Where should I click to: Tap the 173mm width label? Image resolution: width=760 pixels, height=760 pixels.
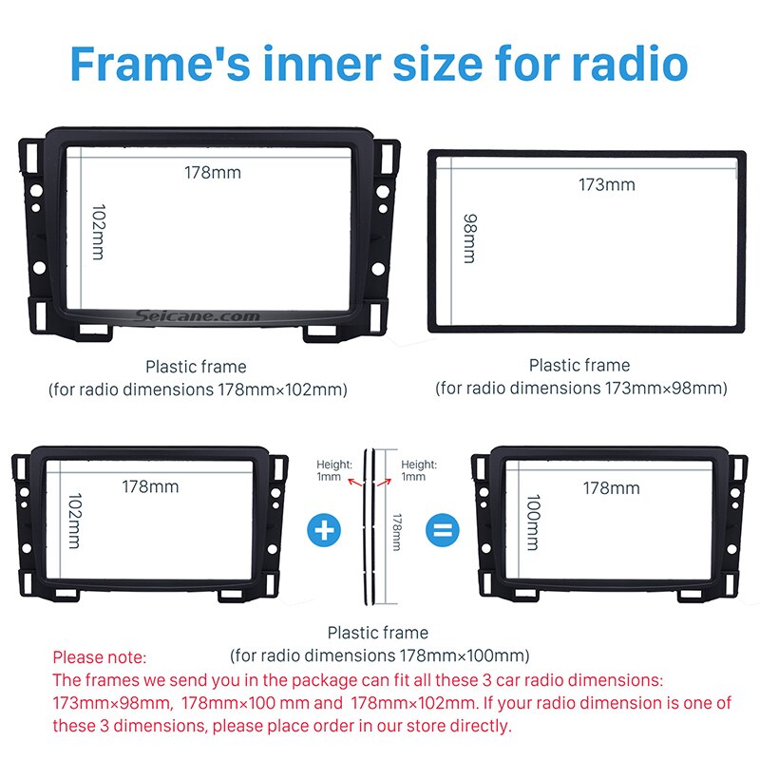(x=606, y=185)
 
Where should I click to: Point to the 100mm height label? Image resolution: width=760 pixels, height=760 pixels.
(x=532, y=523)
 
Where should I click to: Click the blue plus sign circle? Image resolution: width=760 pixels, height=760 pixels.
(x=325, y=529)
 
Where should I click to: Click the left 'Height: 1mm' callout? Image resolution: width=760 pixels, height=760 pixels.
(x=333, y=470)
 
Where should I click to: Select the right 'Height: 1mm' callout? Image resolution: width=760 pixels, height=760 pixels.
(x=418, y=470)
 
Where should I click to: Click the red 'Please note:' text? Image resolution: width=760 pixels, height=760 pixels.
(x=100, y=656)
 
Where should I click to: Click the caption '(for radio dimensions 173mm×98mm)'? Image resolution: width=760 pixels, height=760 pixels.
(x=581, y=389)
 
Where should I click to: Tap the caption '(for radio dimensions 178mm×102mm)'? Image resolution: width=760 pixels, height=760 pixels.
(x=198, y=389)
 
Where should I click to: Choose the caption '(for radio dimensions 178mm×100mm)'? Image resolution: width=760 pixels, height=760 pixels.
(x=379, y=655)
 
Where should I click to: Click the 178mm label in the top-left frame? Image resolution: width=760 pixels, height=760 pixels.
(x=213, y=172)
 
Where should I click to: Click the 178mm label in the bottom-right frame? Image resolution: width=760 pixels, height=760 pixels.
(x=611, y=488)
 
